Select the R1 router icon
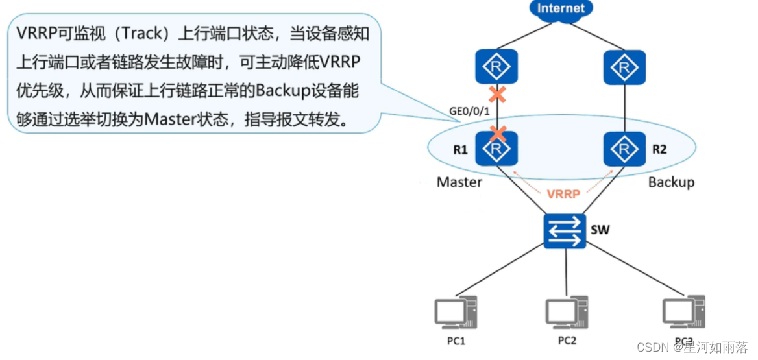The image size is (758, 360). point(497,149)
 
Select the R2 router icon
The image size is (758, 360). point(624,149)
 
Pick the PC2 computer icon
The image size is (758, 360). point(567,314)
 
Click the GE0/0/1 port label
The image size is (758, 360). point(471,112)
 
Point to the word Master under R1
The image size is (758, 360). point(459,182)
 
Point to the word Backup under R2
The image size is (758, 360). point(671,182)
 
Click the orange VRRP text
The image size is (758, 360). point(563,194)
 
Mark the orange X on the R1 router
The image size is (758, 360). point(497,134)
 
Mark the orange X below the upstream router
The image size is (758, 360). point(497,94)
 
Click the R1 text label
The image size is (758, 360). point(460,150)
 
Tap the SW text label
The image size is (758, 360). point(600,230)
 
